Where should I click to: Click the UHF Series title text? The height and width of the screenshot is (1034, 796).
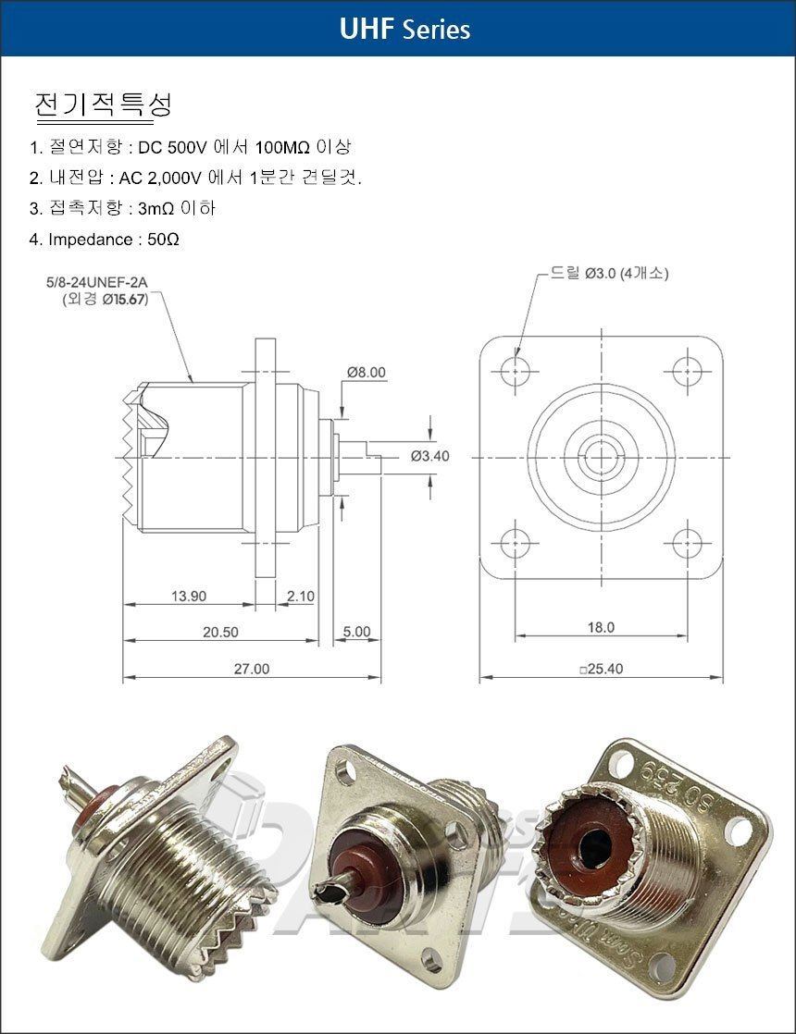[x=404, y=29]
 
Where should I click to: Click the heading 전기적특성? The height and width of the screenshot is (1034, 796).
[x=103, y=105]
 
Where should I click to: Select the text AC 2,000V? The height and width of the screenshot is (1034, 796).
[x=160, y=178]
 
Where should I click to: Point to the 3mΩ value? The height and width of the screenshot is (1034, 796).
[x=156, y=208]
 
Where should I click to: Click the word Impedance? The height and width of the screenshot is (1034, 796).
[x=91, y=240]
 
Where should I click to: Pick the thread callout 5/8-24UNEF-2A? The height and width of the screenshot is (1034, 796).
[x=97, y=282]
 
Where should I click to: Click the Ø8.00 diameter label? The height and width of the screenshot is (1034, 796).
[x=367, y=372]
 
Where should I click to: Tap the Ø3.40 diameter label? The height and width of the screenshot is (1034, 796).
[x=429, y=456]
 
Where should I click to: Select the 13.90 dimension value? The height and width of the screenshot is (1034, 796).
[x=189, y=597]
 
